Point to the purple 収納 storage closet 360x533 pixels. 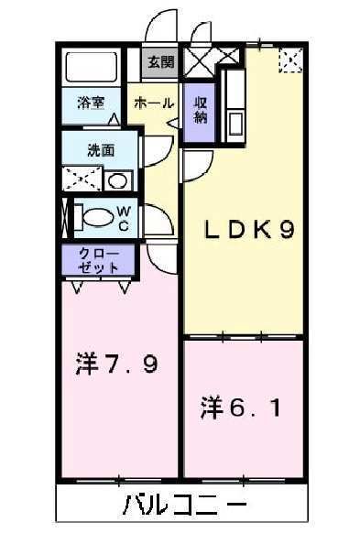pyautogui.click(x=199, y=112)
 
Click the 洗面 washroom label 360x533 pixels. pyautogui.click(x=100, y=150)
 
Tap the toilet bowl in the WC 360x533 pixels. pyautogui.click(x=96, y=218)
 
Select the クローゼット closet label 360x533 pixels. pyautogui.click(x=99, y=260)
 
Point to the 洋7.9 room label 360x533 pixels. pyautogui.click(x=116, y=364)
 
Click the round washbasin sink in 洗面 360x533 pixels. pyautogui.click(x=117, y=180)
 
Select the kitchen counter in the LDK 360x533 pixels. pyautogui.click(x=234, y=101)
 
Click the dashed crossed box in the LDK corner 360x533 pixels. pyautogui.click(x=289, y=61)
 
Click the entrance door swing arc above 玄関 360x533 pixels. pyautogui.click(x=163, y=26)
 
